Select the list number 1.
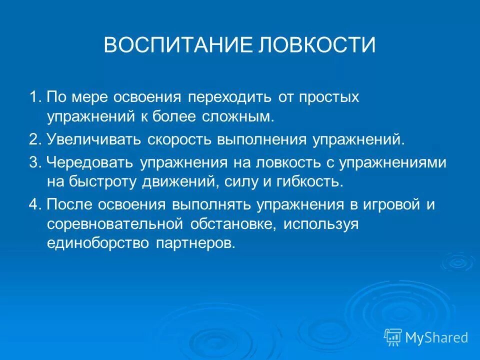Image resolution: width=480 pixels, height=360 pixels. [33, 97]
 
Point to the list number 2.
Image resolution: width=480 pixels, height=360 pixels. [33, 139]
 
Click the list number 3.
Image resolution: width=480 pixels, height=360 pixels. [33, 162]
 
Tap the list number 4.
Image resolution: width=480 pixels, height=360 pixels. [33, 205]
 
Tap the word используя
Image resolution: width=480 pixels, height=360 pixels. [321, 224]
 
